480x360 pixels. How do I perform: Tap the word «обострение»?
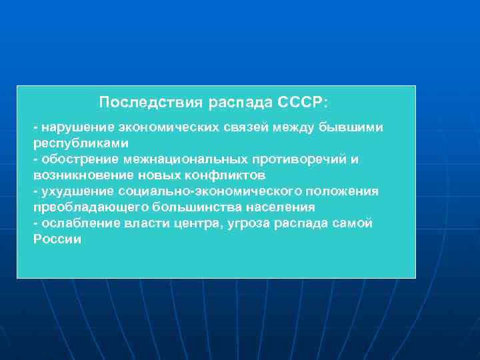78,159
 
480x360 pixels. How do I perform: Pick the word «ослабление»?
78,223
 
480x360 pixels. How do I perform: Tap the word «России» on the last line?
57,239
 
